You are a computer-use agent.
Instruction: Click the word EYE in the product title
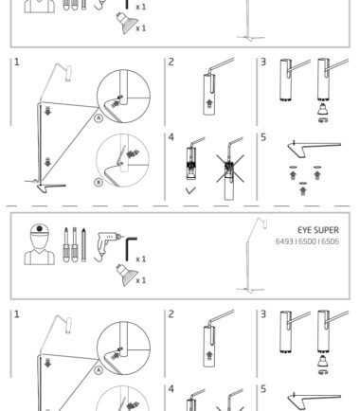(x=303, y=230)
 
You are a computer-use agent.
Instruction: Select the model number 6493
(x=284, y=241)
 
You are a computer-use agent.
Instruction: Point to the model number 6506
(x=331, y=241)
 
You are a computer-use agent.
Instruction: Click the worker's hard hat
(x=39, y=230)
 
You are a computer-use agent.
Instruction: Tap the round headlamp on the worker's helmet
(x=39, y=228)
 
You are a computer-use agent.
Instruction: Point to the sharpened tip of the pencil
(x=83, y=228)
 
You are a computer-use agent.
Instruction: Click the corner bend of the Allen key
(x=127, y=240)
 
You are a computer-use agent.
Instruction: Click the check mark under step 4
(x=190, y=190)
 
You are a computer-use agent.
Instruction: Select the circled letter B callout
(x=99, y=182)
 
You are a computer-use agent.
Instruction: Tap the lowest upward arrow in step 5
(x=302, y=190)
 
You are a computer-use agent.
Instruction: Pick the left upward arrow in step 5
(x=293, y=175)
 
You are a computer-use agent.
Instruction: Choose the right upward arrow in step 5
(x=317, y=175)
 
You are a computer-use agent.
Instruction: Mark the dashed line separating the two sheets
(x=178, y=205)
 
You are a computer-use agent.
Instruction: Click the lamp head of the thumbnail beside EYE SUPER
(x=265, y=223)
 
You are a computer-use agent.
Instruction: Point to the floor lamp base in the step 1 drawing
(x=45, y=186)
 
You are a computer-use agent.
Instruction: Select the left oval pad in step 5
(x=293, y=167)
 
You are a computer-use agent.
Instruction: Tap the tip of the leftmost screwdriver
(x=65, y=229)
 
